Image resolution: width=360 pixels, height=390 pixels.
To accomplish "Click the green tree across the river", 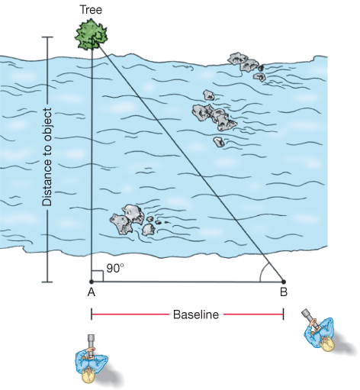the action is (91, 34).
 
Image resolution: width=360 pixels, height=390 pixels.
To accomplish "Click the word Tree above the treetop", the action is (91, 10).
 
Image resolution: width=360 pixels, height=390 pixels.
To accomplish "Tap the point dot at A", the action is (92, 282).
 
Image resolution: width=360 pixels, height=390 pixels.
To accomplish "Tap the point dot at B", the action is (284, 282).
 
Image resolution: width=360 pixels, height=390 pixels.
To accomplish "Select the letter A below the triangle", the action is (92, 292).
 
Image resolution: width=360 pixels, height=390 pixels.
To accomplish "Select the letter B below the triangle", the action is (284, 292).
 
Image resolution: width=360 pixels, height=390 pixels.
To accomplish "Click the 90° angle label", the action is (115, 269).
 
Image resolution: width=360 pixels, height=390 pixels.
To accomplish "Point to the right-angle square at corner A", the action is (98, 276).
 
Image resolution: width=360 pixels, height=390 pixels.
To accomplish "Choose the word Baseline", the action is (196, 314).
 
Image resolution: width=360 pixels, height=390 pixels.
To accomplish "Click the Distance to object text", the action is (47, 157).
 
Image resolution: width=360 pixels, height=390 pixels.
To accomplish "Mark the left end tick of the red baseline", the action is (92, 314).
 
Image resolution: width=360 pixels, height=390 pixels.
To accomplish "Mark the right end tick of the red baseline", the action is (284, 314).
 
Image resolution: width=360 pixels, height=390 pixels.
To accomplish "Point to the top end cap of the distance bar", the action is (47, 37).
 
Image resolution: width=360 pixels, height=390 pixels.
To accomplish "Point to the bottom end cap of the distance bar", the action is (47, 282).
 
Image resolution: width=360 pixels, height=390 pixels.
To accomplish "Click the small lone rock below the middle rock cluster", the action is (219, 142).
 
